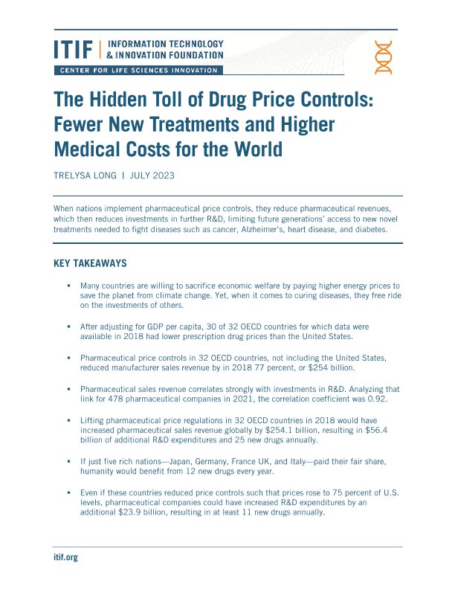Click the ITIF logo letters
point(74,49)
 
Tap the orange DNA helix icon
point(384,57)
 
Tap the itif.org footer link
point(65,557)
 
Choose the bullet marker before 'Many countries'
point(68,286)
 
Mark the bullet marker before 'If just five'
point(68,462)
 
